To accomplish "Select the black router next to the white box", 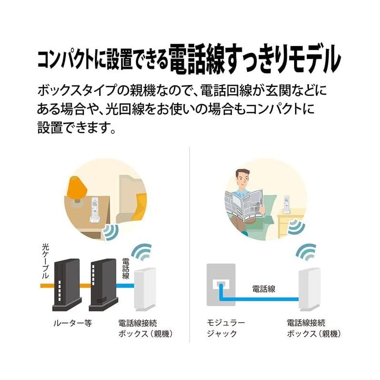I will click(102, 285).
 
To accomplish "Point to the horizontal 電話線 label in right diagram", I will click(264, 288).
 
